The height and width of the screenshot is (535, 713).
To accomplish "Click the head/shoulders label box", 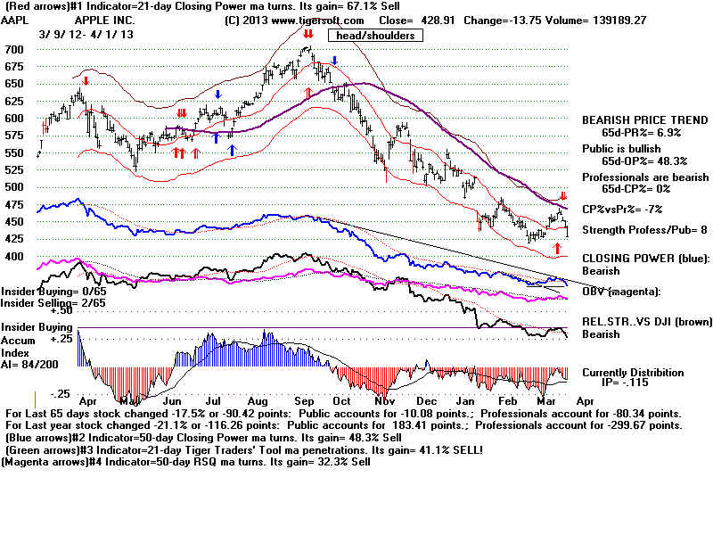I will coord(375,36).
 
